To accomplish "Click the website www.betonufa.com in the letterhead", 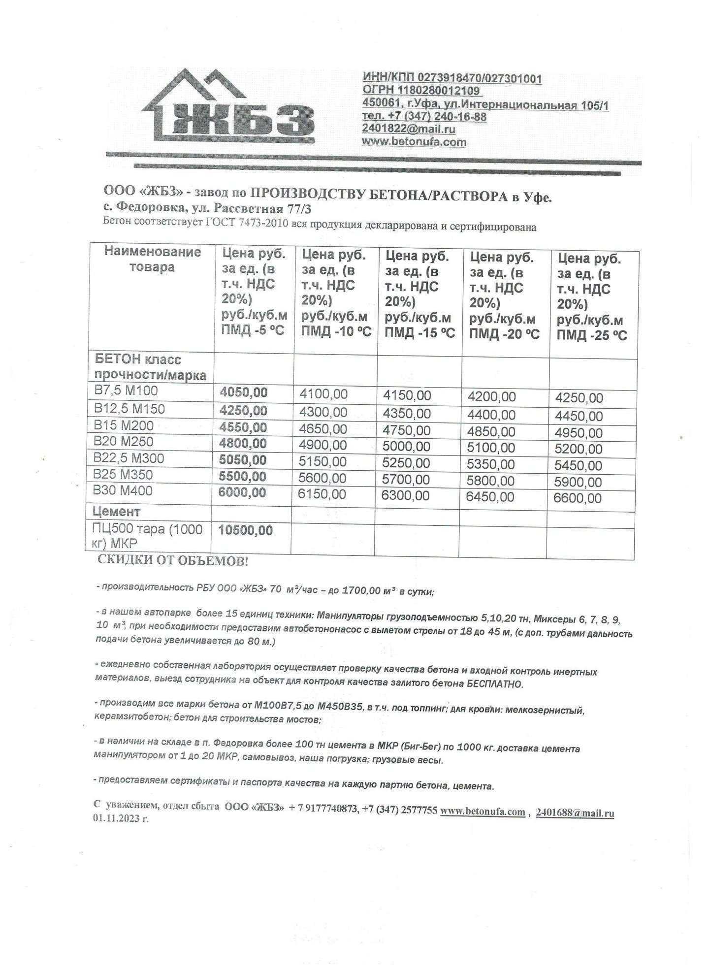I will coord(414,142).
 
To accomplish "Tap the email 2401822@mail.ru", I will coord(409,129).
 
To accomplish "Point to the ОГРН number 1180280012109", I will coord(421,91).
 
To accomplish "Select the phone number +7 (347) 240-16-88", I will coord(424,117).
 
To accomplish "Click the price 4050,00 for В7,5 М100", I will coord(244,392).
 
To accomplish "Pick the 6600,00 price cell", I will coord(578,498).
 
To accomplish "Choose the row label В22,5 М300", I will coord(129,458).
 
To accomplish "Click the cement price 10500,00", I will coord(246,530).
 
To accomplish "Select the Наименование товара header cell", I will coord(152,260).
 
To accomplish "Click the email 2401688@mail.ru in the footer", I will coord(575,813).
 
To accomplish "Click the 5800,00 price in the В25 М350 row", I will coord(491,481).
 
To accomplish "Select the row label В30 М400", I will coord(123,491).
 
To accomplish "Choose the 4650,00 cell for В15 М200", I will coord(323,428).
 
